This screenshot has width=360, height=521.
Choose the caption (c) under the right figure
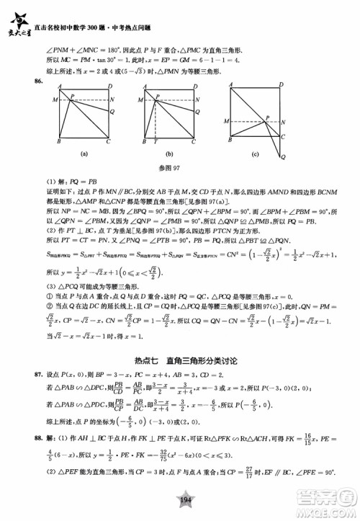[x=258, y=153]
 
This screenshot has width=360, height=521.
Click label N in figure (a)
[x=111, y=110]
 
